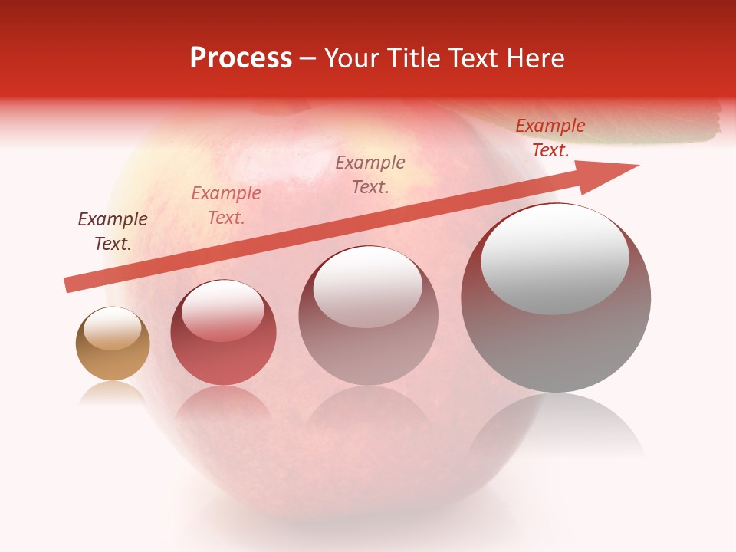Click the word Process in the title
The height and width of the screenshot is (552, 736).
pos(241,58)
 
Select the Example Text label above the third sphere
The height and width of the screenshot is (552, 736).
pos(370,174)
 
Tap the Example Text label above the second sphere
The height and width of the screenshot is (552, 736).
pos(226,205)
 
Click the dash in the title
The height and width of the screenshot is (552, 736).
pos(307,58)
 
